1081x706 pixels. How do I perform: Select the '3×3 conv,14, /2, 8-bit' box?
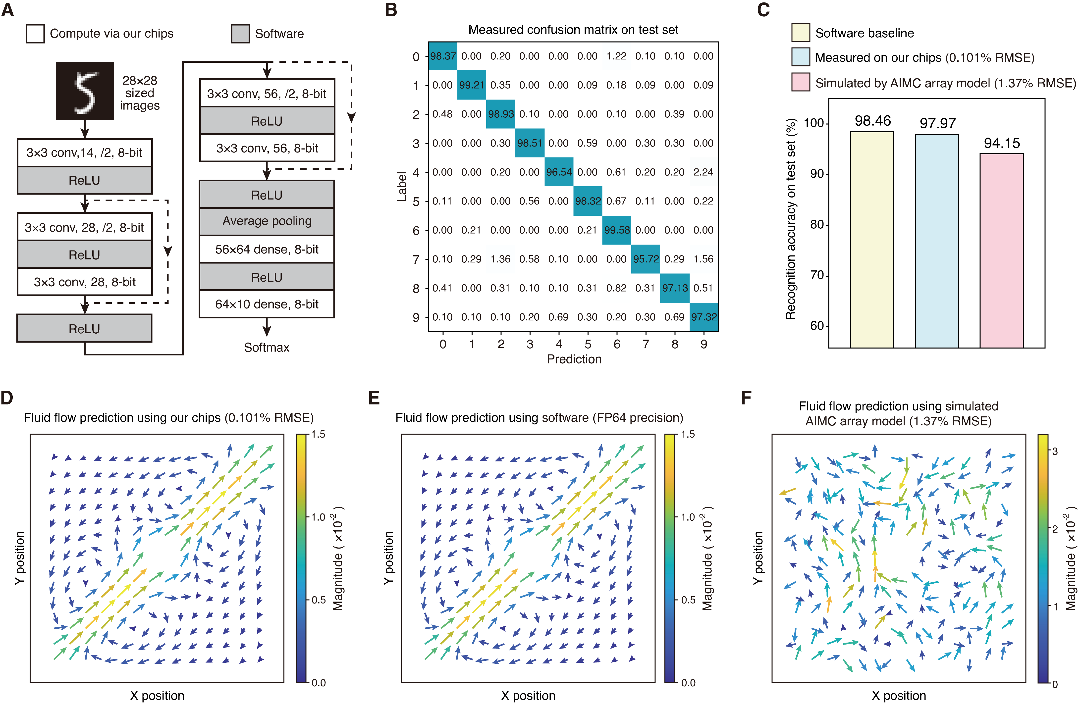84,152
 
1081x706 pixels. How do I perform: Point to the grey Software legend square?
240,34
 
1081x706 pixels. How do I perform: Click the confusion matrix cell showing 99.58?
617,230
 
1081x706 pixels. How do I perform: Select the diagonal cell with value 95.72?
646,259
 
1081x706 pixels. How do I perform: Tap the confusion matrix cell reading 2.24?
703,172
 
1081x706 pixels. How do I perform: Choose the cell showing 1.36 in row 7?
500,259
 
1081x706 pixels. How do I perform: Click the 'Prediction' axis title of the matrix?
574,359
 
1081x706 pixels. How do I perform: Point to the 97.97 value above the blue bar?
937,123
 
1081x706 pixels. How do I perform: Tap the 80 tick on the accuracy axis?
817,225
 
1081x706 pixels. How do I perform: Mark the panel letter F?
746,398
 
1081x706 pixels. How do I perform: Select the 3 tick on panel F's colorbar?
1055,451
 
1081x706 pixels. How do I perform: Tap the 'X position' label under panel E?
528,696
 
